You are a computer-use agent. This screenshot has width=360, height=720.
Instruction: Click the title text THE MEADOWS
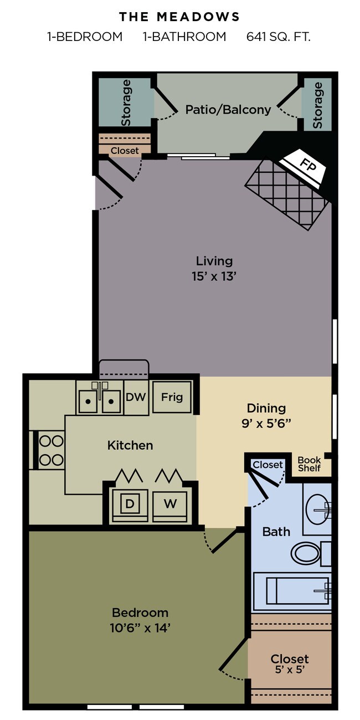pyautogui.click(x=179, y=17)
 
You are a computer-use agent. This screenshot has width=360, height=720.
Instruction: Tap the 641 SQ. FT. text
pyautogui.click(x=279, y=37)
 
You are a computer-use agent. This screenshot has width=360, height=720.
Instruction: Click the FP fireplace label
pyautogui.click(x=305, y=164)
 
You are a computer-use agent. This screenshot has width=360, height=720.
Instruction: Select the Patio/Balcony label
pyautogui.click(x=228, y=110)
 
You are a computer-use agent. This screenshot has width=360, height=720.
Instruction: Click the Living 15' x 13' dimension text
pyautogui.click(x=214, y=275)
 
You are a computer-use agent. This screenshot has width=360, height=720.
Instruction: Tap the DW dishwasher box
pyautogui.click(x=136, y=397)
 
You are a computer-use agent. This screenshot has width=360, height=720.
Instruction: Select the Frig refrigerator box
pyautogui.click(x=172, y=397)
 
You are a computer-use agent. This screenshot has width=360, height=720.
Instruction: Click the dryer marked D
pyautogui.click(x=130, y=504)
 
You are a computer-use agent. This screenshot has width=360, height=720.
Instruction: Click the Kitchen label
pyautogui.click(x=130, y=445)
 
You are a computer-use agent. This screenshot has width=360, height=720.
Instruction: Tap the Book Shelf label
pyautogui.click(x=309, y=464)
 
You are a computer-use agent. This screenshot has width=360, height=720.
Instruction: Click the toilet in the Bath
pyautogui.click(x=305, y=552)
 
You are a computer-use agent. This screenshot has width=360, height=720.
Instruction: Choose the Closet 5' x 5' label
pyautogui.click(x=290, y=664)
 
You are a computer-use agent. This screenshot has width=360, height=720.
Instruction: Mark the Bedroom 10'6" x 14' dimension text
pyautogui.click(x=140, y=628)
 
